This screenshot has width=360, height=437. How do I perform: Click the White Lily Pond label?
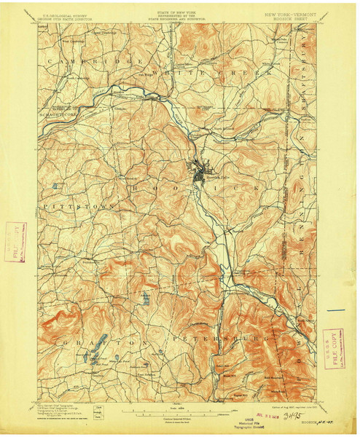[116, 360]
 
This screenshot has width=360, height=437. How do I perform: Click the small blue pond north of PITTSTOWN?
[56, 186]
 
